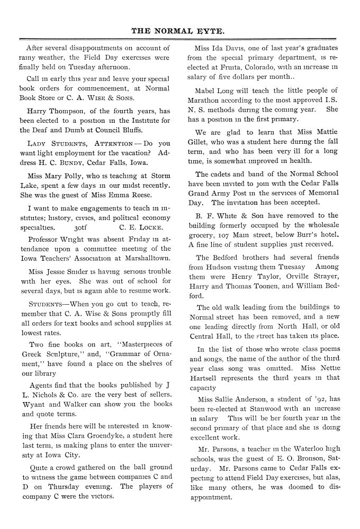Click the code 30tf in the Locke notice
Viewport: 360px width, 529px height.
(x=81, y=229)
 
